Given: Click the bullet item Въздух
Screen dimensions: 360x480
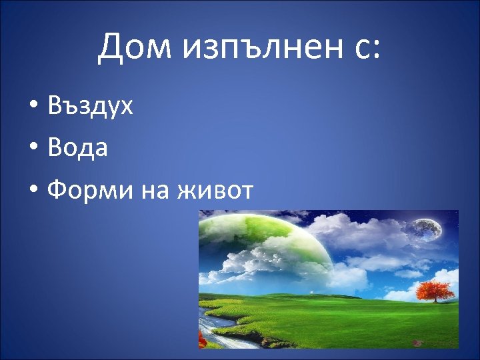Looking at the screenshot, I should (91, 106).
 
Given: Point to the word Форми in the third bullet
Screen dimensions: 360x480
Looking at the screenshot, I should (91, 191).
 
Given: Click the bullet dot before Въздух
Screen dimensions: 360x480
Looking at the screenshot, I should (33, 107).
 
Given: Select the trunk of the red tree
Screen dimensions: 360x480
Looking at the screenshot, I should (435, 299).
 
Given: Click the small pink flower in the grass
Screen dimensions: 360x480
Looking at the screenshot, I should (419, 342).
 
